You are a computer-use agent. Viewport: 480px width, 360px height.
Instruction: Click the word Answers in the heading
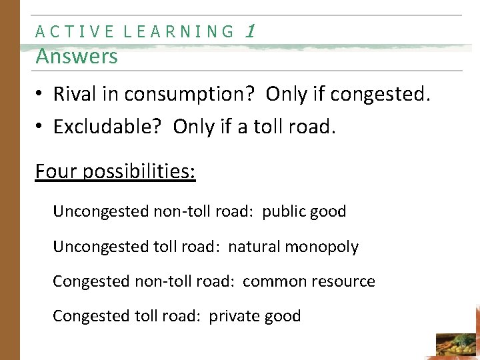pyautogui.click(x=77, y=57)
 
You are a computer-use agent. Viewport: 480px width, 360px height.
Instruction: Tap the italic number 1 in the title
pyautogui.click(x=250, y=31)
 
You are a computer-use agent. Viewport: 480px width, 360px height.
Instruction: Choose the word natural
pyautogui.click(x=254, y=247)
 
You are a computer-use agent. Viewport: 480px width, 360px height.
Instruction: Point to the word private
pyautogui.click(x=233, y=316)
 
